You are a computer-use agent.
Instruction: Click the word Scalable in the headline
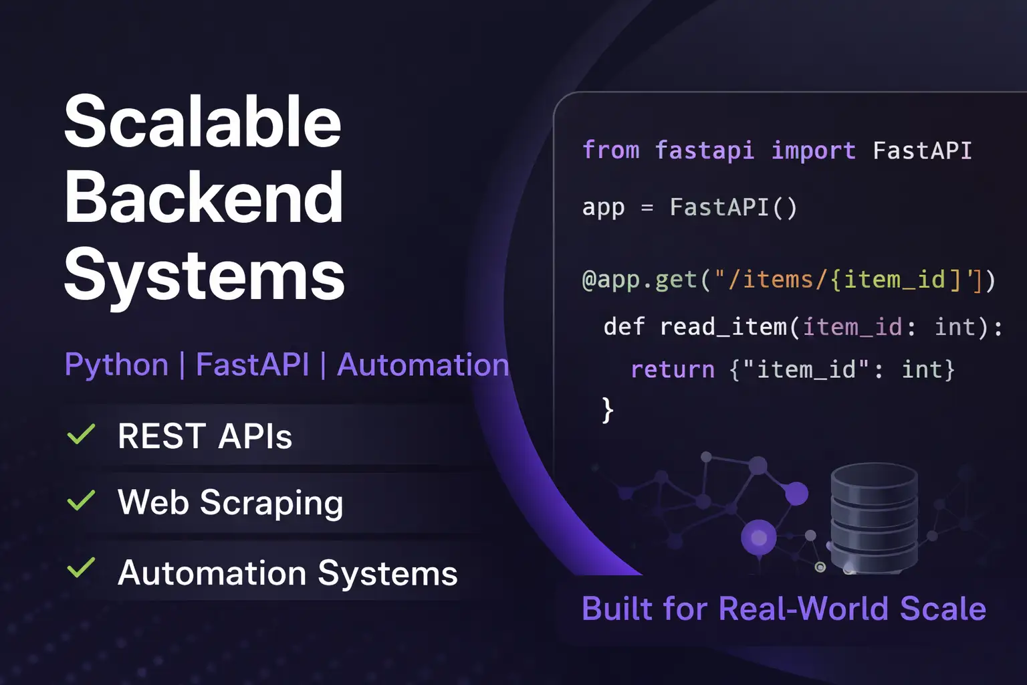[x=203, y=121]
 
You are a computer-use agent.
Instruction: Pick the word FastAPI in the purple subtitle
[x=253, y=365]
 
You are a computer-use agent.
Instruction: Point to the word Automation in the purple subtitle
[x=423, y=365]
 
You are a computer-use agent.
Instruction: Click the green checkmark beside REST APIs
[x=81, y=434]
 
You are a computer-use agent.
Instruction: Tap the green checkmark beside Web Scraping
[x=81, y=500]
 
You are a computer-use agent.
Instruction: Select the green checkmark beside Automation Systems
[x=81, y=567]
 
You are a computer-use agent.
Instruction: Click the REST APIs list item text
[x=205, y=436]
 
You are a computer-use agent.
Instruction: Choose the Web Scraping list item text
[x=230, y=503]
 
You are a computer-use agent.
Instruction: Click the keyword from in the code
[x=610, y=150]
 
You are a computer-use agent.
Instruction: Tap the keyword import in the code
[x=813, y=150]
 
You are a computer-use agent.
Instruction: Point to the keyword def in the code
[x=624, y=326]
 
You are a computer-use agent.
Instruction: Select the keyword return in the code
[x=672, y=370]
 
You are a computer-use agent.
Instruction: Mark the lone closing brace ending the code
[x=608, y=410]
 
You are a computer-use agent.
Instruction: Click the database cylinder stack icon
[x=874, y=518]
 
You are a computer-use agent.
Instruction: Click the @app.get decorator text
[x=639, y=280]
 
